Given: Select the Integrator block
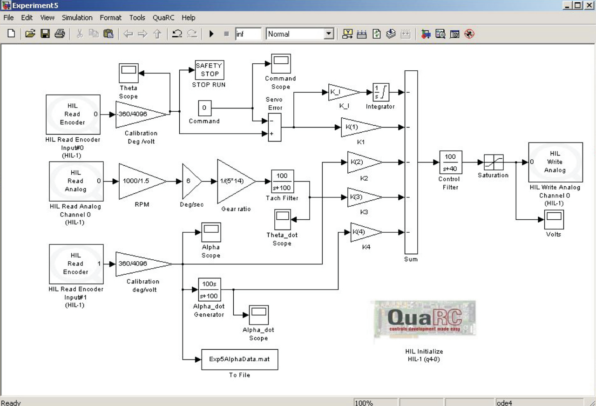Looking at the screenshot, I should click(x=381, y=92).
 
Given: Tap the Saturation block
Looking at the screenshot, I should click(x=493, y=162).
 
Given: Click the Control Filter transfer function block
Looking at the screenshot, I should click(x=450, y=162).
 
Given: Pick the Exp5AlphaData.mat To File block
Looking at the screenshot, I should click(x=239, y=359).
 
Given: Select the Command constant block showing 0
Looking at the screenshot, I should click(x=204, y=108).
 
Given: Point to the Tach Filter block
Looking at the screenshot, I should click(x=283, y=181).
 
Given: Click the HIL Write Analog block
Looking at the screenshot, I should click(x=555, y=162).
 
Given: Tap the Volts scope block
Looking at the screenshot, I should click(x=554, y=219).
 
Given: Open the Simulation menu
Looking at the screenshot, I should click(x=77, y=18).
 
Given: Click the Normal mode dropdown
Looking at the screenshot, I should click(x=300, y=34).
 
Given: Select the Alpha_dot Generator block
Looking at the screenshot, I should click(x=209, y=290).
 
